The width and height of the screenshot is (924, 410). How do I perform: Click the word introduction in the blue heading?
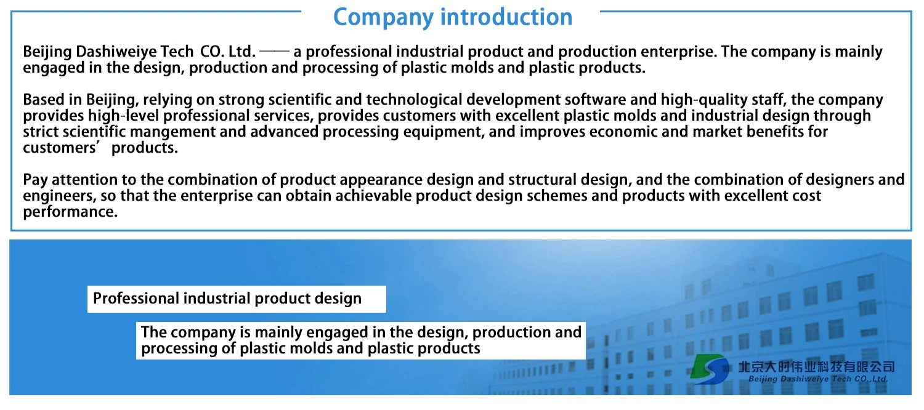tap(506, 17)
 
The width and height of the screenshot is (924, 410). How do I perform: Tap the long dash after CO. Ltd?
tap(274, 52)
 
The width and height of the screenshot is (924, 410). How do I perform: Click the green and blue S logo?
tap(710, 369)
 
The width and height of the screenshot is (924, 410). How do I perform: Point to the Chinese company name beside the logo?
tap(816, 366)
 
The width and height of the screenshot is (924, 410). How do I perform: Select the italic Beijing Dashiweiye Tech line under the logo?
tap(817, 379)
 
